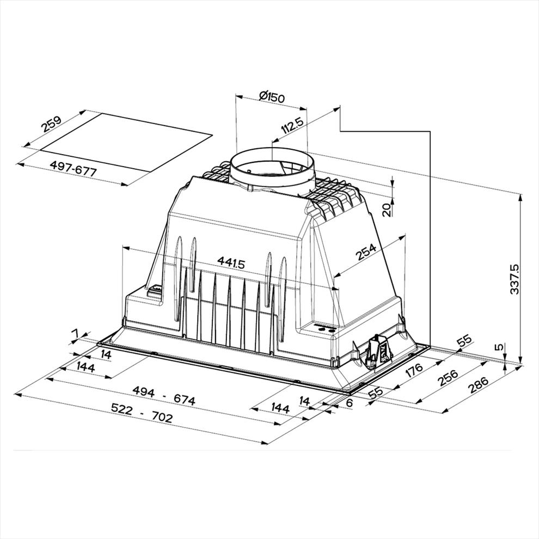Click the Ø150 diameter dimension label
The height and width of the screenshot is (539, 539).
(272, 96)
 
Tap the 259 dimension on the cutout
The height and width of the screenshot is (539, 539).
(51, 124)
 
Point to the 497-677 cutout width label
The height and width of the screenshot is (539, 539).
(73, 168)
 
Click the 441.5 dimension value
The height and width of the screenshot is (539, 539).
(231, 264)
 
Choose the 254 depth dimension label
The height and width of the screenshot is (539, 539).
(366, 252)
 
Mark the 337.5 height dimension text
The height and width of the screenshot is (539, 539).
(514, 279)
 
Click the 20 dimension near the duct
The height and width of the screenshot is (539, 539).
(387, 210)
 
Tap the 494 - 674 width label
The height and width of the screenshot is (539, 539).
(164, 396)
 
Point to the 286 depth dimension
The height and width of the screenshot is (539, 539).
(478, 385)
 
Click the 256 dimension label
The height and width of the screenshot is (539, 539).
(448, 377)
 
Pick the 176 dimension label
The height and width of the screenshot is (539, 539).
(414, 370)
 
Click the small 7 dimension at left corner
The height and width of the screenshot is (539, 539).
(75, 333)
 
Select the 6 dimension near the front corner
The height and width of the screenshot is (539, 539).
(349, 403)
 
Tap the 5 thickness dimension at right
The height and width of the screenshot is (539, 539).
(500, 347)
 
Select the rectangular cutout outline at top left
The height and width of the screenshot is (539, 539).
(126, 143)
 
